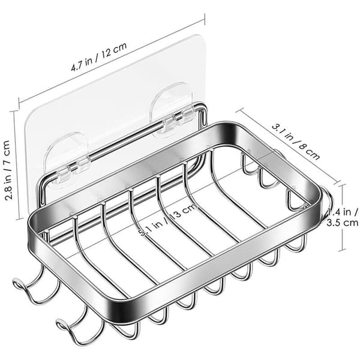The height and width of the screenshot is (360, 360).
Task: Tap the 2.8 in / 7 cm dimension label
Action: pos(8,170)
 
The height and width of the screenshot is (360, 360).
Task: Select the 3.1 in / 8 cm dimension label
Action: pos(296,142)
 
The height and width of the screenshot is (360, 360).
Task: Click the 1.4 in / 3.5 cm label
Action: pos(343,217)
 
